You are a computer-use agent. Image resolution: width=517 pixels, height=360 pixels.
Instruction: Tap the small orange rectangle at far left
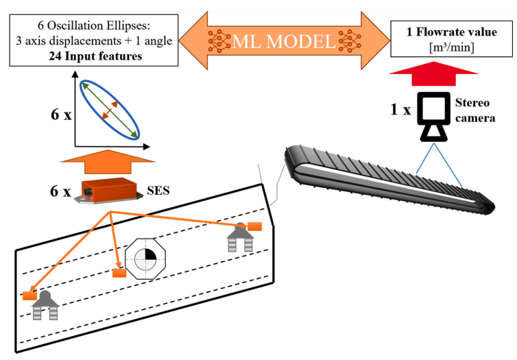[x=29, y=296]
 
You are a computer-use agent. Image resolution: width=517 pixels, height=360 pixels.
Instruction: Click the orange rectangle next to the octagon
[x=119, y=274]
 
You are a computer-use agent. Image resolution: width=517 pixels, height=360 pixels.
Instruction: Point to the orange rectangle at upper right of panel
[x=255, y=226]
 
